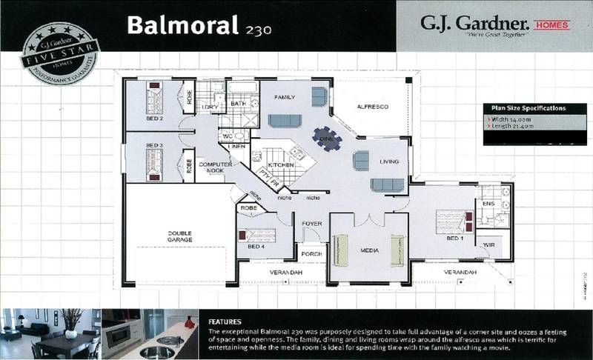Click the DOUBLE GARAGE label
point(179,236)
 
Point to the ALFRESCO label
point(372,107)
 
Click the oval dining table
point(327,136)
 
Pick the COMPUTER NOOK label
point(216,167)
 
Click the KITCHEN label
point(282,164)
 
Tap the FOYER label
point(310,223)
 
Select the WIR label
point(489,244)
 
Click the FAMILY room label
point(285,98)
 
